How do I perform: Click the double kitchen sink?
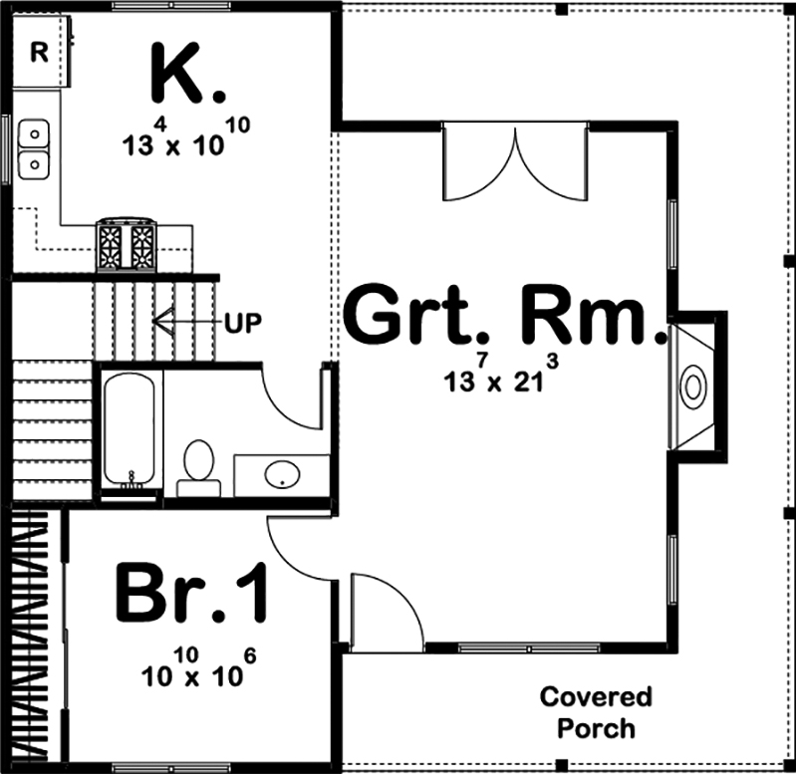(x=35, y=146)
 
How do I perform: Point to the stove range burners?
(x=127, y=244)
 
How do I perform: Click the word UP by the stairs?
(x=244, y=322)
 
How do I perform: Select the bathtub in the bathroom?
(x=130, y=428)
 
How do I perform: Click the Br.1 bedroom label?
(x=192, y=594)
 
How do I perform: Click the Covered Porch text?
(x=596, y=711)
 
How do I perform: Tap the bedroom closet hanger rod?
(x=30, y=638)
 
